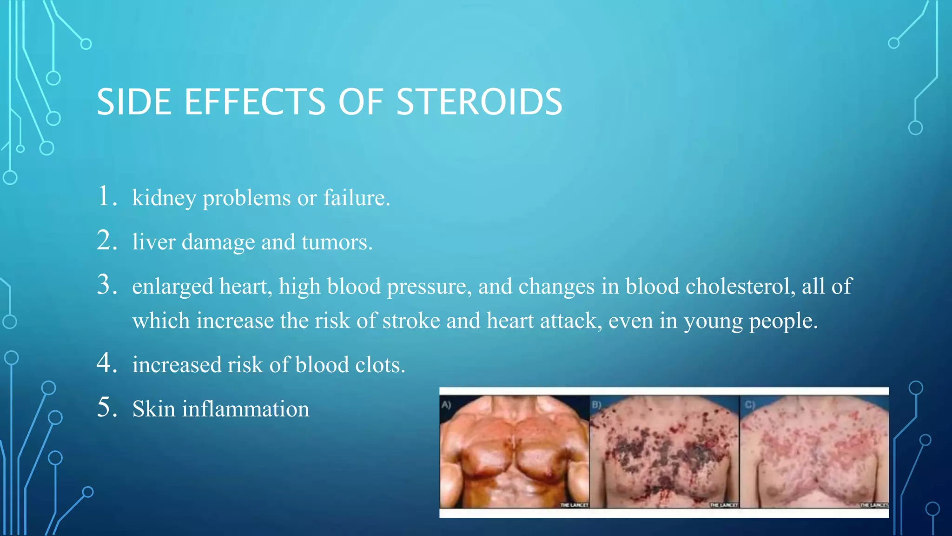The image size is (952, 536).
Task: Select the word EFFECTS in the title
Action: pyautogui.click(x=255, y=102)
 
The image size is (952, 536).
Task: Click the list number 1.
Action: pyautogui.click(x=106, y=196)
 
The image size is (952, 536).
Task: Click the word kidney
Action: pyautogui.click(x=164, y=199)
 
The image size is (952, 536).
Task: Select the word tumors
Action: pyautogui.click(x=337, y=242)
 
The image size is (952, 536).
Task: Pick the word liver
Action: pyautogui.click(x=153, y=242)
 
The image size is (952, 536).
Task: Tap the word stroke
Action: pyautogui.click(x=411, y=321)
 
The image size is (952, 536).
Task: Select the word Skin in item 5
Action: pyautogui.click(x=153, y=409)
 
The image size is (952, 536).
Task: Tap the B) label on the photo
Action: pyautogui.click(x=596, y=405)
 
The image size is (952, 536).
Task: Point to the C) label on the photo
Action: pyautogui.click(x=749, y=405)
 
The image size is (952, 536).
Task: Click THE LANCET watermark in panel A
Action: pyautogui.click(x=574, y=505)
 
